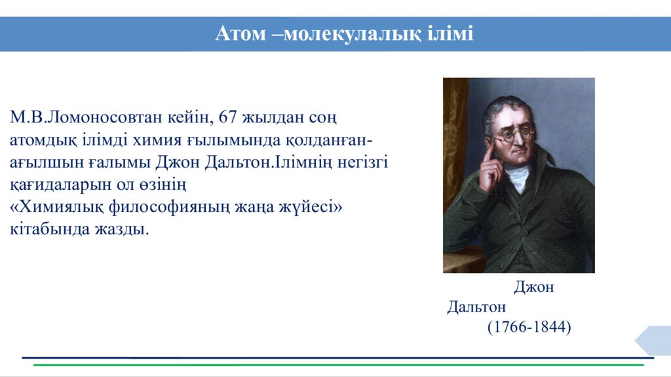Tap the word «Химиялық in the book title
(56, 207)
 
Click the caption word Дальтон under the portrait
(476, 306)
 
